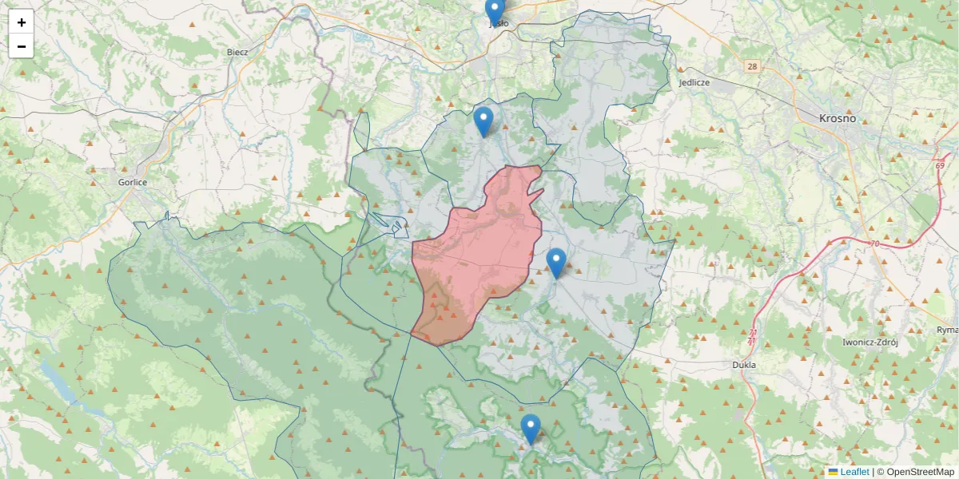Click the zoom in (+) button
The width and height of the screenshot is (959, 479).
22,22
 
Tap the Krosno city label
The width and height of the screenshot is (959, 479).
837,118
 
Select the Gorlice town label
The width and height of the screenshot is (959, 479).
132,182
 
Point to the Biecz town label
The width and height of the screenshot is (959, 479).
237,52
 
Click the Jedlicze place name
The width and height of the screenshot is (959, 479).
694,82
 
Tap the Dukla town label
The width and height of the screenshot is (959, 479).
743,365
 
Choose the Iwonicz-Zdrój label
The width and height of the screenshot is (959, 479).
870,342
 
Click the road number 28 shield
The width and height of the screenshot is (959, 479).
752,66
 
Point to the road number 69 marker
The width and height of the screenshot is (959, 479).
940,165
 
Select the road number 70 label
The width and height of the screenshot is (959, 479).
874,243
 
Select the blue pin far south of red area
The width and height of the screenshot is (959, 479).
531,429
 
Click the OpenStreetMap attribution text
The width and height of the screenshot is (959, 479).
915,472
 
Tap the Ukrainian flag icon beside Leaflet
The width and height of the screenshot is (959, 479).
833,472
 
